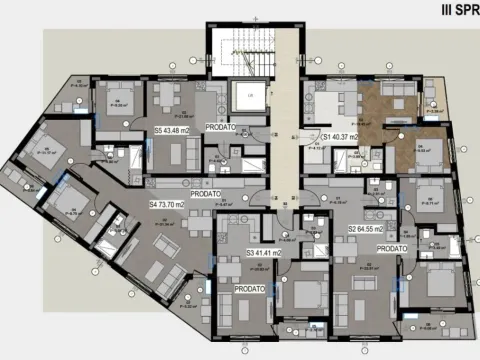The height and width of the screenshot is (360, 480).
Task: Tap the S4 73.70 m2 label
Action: (x=168, y=204)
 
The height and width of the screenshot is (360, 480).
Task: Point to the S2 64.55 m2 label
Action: (x=367, y=229)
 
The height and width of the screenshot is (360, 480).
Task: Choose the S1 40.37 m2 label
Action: (x=340, y=135)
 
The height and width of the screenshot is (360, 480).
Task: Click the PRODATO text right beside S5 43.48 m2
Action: (x=223, y=128)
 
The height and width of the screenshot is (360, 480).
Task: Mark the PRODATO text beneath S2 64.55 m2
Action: (x=393, y=247)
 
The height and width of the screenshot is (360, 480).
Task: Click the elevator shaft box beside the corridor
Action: (x=244, y=98)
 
